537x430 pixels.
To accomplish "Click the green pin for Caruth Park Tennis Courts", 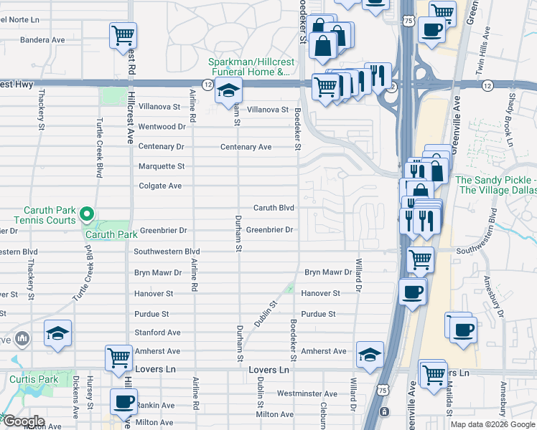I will (86, 214).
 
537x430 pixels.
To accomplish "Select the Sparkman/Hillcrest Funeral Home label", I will (249, 67).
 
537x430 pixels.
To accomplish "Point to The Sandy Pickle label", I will (496, 185).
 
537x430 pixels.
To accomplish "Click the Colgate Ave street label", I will (161, 186).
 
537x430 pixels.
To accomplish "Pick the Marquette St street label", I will (161, 166).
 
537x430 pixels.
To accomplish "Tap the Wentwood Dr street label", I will (162, 127).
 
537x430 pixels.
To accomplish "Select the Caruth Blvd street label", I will (274, 208).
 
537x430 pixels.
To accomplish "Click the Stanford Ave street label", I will (157, 333).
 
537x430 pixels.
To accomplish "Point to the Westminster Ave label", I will (307, 393).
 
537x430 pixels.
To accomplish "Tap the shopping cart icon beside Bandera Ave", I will (123, 34).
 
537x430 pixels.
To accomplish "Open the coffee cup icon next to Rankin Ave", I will (123, 401).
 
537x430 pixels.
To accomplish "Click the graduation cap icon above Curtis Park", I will (58, 333).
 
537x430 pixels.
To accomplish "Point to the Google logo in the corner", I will (23, 421).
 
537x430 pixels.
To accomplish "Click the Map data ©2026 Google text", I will (492, 424).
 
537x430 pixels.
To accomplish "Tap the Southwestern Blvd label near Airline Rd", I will (167, 252).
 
